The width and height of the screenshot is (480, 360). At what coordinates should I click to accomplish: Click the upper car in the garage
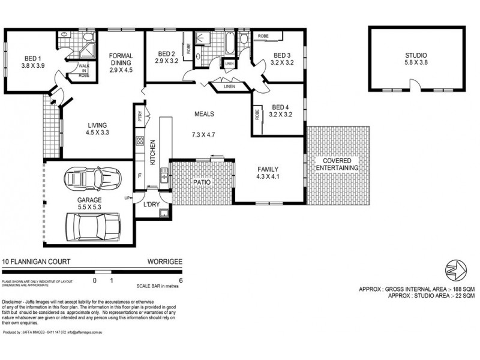91,178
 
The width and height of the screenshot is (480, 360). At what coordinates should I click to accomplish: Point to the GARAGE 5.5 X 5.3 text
89,203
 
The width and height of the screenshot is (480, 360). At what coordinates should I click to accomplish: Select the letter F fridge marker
140,176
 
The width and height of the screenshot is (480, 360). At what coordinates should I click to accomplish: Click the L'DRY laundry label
151,205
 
